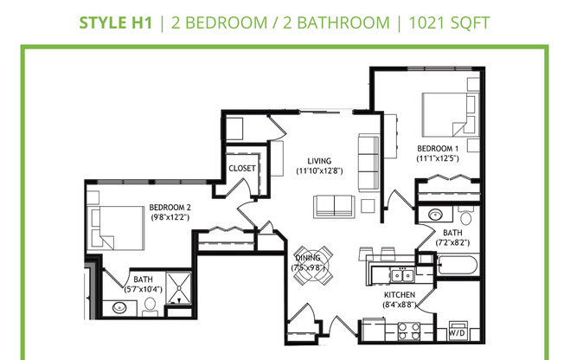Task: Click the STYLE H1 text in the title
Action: tap(114, 22)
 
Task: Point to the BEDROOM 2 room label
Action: tap(170, 208)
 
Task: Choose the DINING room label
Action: tap(308, 258)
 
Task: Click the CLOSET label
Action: tap(242, 168)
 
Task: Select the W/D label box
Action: tap(458, 331)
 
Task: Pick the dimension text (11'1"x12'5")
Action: tap(436, 159)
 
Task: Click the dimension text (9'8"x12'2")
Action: tap(170, 218)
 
